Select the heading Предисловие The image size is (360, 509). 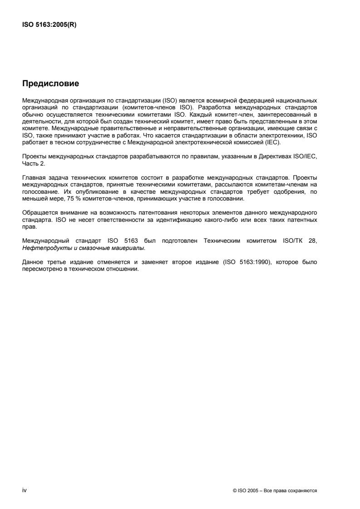click(x=50, y=83)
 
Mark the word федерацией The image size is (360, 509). click(x=245, y=99)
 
